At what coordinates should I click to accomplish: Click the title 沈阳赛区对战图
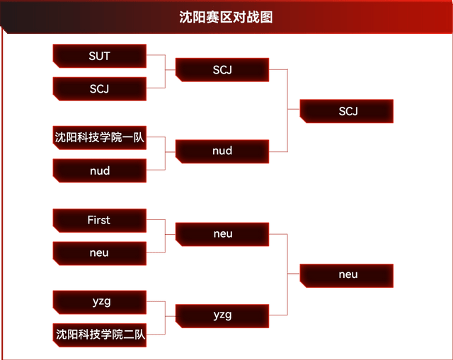(226, 17)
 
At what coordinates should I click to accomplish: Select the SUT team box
(99, 56)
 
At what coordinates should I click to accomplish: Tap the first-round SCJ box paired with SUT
(99, 88)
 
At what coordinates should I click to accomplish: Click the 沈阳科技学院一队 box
(99, 138)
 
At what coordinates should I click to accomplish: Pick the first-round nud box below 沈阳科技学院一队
(99, 170)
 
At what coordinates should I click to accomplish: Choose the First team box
(99, 220)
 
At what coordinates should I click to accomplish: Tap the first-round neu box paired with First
(99, 252)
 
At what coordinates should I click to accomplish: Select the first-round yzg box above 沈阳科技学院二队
(99, 302)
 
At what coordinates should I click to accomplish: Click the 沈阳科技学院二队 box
(99, 335)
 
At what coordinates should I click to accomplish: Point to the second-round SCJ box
(222, 70)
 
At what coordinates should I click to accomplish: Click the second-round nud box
(222, 151)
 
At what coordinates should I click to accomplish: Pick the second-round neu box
(222, 234)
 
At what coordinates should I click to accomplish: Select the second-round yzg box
(222, 315)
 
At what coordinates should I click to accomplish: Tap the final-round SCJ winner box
(348, 111)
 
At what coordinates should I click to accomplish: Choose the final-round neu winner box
(348, 274)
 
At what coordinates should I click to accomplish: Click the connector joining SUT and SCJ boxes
(165, 71)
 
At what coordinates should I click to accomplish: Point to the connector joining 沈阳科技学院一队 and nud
(165, 153)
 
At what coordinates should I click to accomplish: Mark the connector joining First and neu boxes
(165, 236)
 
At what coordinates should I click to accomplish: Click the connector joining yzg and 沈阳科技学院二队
(165, 318)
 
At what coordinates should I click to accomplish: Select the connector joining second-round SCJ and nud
(288, 110)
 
